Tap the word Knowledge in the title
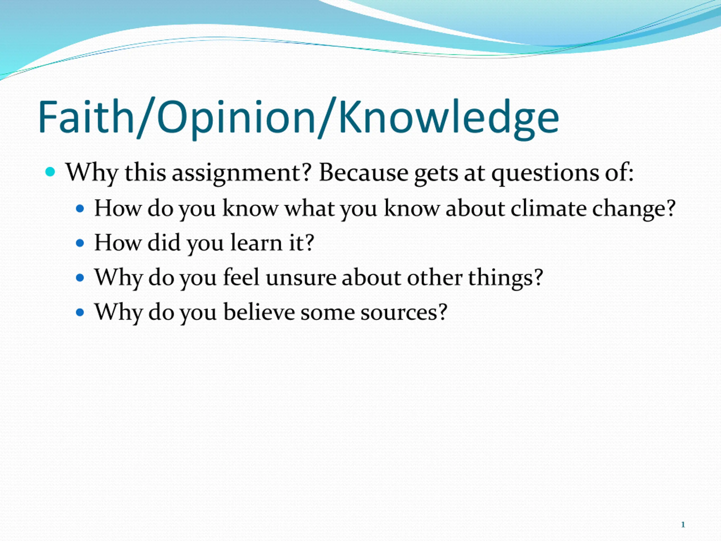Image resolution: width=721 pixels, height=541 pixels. pyautogui.click(x=449, y=119)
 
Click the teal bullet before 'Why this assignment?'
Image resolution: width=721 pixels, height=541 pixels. pyautogui.click(x=50, y=172)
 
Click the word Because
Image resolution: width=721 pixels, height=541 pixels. pyautogui.click(x=363, y=172)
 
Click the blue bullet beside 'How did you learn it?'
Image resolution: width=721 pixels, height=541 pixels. pyautogui.click(x=80, y=243)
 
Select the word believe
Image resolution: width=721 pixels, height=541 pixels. pyautogui.click(x=259, y=312)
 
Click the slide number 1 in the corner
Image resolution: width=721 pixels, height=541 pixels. pyautogui.click(x=683, y=525)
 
